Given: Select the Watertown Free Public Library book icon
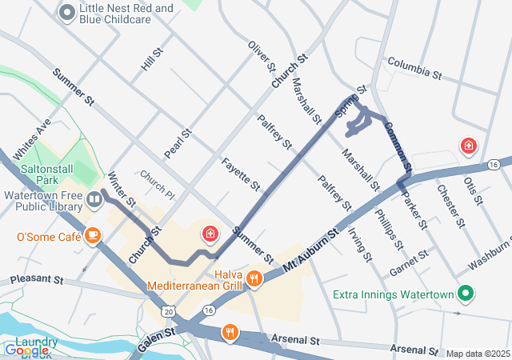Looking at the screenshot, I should coord(94,198).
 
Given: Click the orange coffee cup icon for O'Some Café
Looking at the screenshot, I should coord(94,235).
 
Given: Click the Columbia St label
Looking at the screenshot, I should coord(414,68).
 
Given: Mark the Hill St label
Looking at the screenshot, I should coord(152,58).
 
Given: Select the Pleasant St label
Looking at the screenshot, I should coord(36,281).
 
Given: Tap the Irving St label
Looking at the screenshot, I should coord(360,245).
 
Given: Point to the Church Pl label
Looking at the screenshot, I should coord(157,184).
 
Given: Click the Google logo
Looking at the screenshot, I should coord(26,350).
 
